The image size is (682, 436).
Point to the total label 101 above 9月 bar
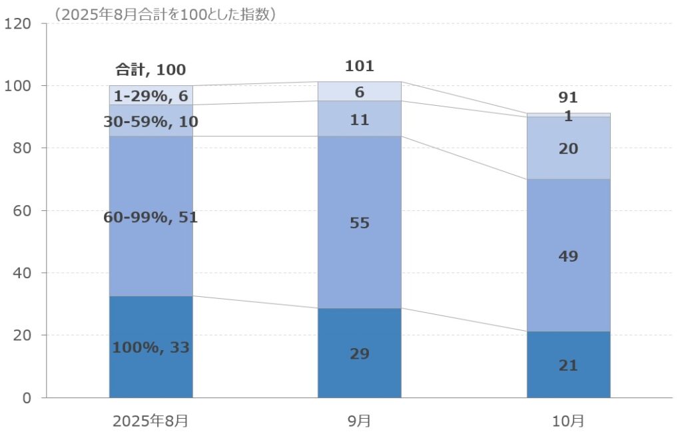[360, 66]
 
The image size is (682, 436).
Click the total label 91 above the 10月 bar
[568, 98]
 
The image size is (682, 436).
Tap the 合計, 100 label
[151, 69]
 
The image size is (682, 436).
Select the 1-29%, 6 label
[151, 95]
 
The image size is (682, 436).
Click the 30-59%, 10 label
[151, 122]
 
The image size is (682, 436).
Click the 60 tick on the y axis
[21, 211]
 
